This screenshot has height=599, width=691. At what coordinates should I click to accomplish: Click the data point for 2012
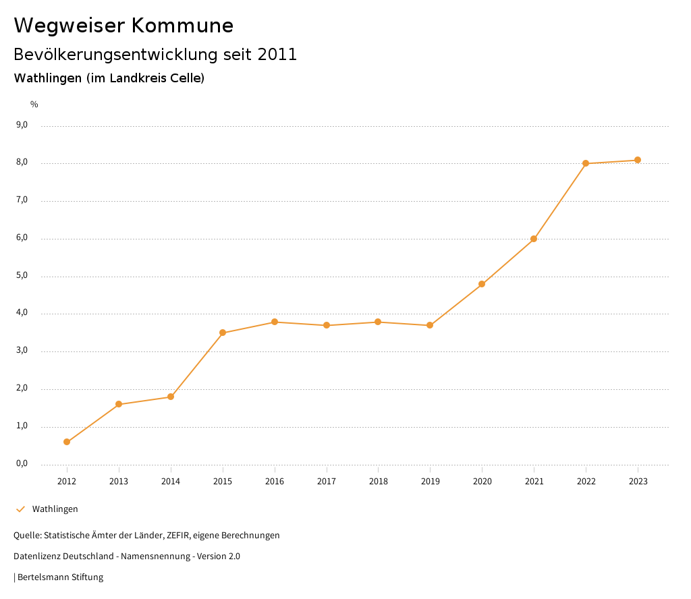pos(67,442)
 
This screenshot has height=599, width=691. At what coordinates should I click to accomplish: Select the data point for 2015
pos(223,333)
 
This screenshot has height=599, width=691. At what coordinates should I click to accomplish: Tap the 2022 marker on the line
pos(586,163)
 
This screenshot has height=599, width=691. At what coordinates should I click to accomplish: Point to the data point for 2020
pos(482,284)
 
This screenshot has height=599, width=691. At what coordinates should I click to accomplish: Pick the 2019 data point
pos(430,325)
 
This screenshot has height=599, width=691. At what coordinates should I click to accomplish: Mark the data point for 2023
pos(638,160)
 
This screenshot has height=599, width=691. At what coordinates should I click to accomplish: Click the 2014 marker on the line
pos(171,397)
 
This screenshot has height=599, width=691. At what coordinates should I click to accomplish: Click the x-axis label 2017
pos(327,482)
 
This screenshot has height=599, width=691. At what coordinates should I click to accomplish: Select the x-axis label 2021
pos(534,482)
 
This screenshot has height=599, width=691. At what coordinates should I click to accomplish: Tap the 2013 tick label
pos(119,482)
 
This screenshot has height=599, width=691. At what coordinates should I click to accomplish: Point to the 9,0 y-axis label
pos(22,125)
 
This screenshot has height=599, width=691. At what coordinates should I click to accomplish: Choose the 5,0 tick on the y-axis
pos(22,275)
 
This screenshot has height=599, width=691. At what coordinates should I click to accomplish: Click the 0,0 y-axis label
pos(22,463)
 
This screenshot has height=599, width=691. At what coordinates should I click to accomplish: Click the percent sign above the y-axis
pos(34,105)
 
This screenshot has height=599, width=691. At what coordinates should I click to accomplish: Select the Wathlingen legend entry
pos(55,509)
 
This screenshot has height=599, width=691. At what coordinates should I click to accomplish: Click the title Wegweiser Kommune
pos(123,26)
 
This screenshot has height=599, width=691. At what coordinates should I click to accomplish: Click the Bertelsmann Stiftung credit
pos(60,577)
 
